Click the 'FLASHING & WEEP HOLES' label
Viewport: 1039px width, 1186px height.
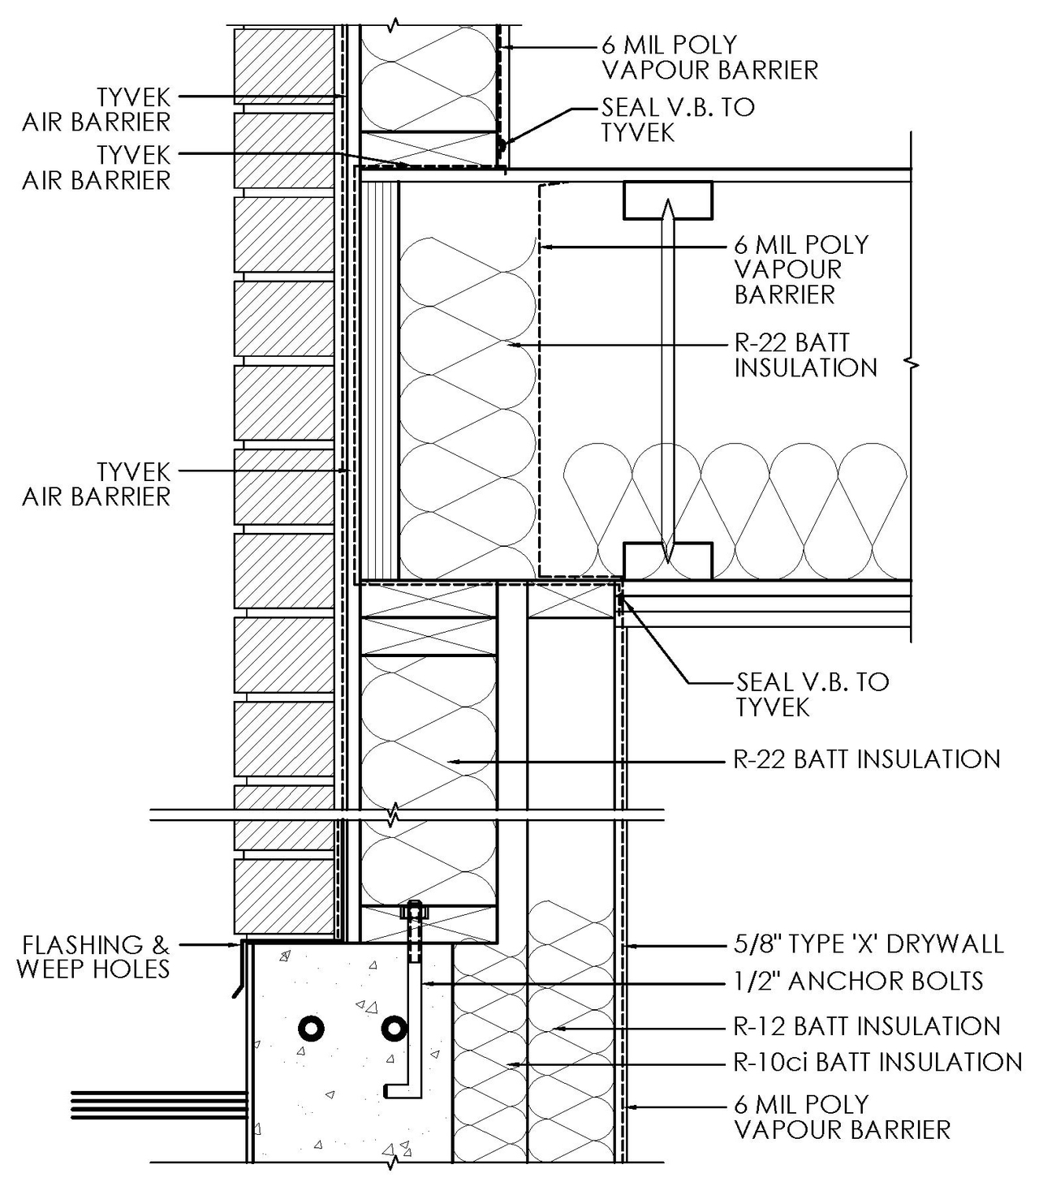click(x=93, y=956)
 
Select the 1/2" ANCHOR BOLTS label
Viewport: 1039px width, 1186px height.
click(x=858, y=982)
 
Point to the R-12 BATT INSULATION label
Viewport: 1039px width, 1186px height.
click(x=866, y=1026)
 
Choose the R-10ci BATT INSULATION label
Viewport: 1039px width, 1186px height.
click(x=877, y=1062)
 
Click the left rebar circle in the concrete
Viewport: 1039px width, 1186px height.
click(x=311, y=1029)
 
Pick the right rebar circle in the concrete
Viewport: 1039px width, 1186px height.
click(x=394, y=1029)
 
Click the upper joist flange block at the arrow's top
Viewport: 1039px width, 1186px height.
click(x=667, y=200)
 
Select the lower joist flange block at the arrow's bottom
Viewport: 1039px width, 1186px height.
click(x=667, y=561)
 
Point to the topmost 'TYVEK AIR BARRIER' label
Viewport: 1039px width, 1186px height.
click(x=97, y=110)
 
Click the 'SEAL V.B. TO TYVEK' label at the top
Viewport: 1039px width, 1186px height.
click(x=677, y=119)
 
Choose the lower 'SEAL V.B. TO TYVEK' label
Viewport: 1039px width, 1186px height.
click(x=812, y=694)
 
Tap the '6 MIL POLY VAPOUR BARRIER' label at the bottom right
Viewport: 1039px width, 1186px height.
click(x=842, y=1117)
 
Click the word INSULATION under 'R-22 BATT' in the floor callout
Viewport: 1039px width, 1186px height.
click(x=805, y=368)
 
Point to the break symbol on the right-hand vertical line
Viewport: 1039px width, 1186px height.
click(x=914, y=365)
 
